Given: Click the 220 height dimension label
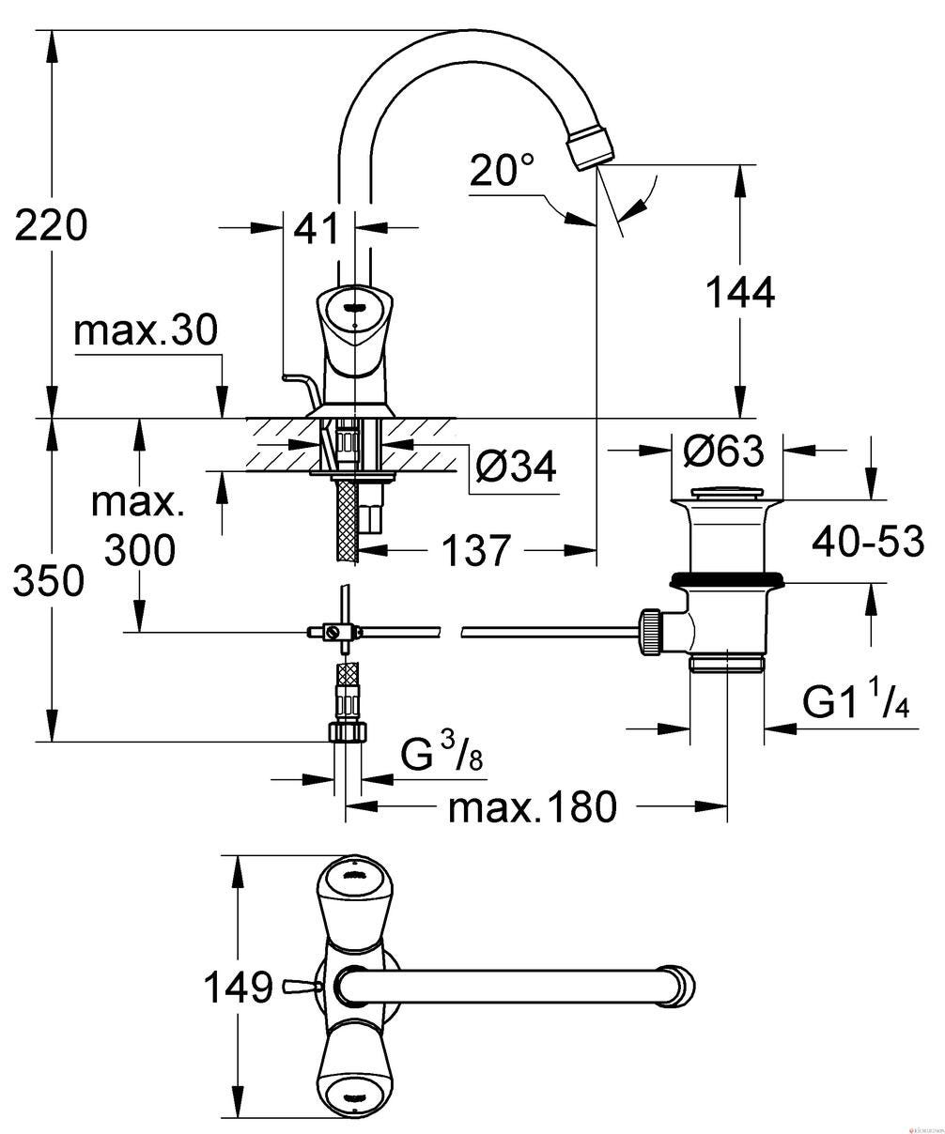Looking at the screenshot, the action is pos(51,225).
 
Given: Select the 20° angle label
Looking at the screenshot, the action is pos(502,170).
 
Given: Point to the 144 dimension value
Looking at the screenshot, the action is pos(739,292).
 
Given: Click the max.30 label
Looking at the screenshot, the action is pos(146,329).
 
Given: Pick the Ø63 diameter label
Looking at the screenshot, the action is pos(723,450).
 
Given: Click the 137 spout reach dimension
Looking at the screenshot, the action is pos(476,551).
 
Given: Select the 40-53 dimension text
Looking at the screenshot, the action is pos(868,541).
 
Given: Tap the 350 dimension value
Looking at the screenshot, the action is pos(49,580).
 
